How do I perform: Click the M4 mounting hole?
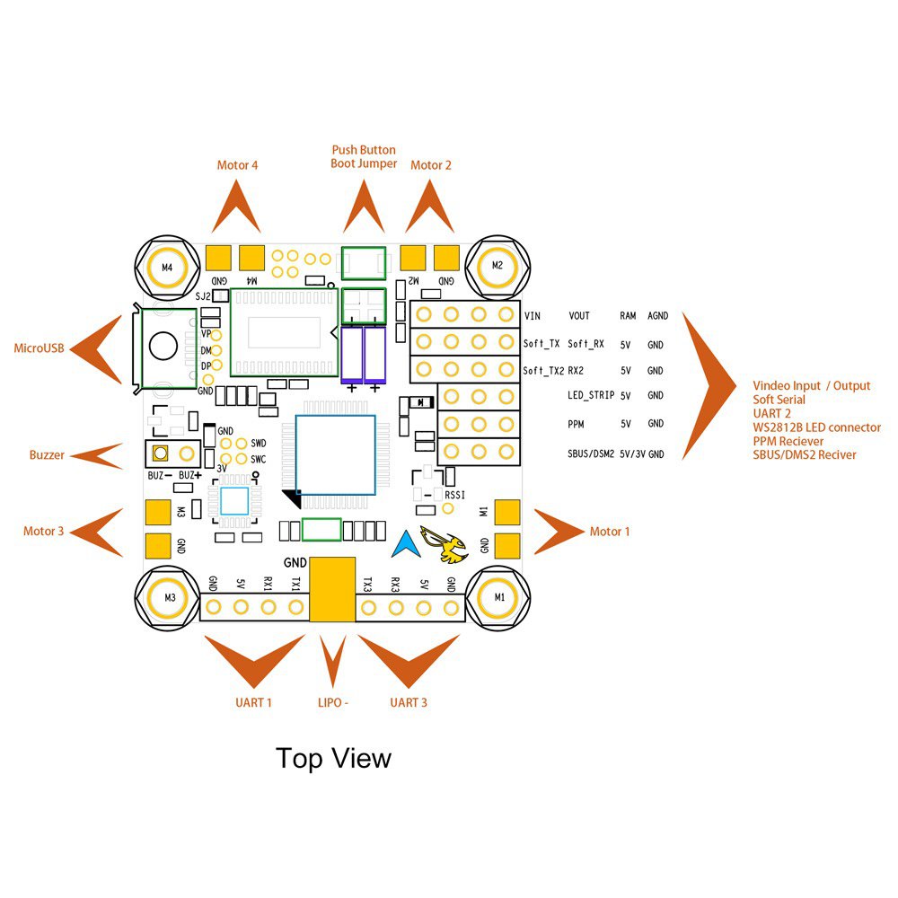point(166,267)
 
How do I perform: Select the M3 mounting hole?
point(166,597)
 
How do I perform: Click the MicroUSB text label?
point(40,348)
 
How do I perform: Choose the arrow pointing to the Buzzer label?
point(98,455)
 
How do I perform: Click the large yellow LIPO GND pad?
point(332,588)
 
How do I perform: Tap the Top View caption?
point(333,758)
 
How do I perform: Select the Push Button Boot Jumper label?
point(364,157)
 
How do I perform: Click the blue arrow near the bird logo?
point(407,541)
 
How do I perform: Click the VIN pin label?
point(533,316)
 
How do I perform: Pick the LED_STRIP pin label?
point(590,395)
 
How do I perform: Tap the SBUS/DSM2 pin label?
point(590,454)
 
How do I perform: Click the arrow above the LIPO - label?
point(333,662)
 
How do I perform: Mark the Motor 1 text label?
point(610,532)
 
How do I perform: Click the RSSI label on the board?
point(456,495)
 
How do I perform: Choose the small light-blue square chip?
point(234,502)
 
